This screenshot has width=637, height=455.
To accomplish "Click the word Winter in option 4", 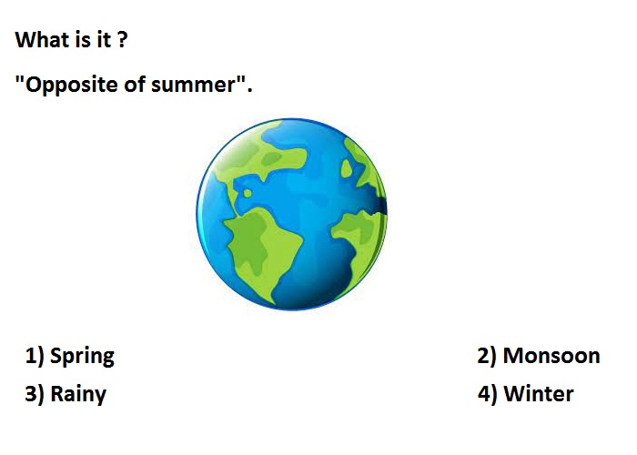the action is point(539,394).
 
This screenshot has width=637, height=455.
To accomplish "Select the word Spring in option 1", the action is point(82,357).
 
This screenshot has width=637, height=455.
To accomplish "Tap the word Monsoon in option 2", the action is point(551,356).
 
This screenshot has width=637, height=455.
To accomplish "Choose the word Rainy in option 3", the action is point(78,394).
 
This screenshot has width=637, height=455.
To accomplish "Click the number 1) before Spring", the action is point(35,356).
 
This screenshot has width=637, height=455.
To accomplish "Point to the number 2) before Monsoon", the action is point(487,356).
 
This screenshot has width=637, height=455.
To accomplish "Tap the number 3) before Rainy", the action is point(35,394).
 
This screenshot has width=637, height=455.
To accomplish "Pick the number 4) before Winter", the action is point(487,394).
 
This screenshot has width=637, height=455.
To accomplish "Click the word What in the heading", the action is point(42,40).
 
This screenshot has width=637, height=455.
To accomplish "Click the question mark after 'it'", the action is point(122,40).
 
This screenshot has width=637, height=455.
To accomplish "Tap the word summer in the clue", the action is point(194,85).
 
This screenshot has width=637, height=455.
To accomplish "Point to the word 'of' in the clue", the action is point(135,84).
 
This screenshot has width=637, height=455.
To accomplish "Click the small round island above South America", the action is point(248,193).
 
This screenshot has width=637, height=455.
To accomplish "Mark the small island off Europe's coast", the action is point(346,168).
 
